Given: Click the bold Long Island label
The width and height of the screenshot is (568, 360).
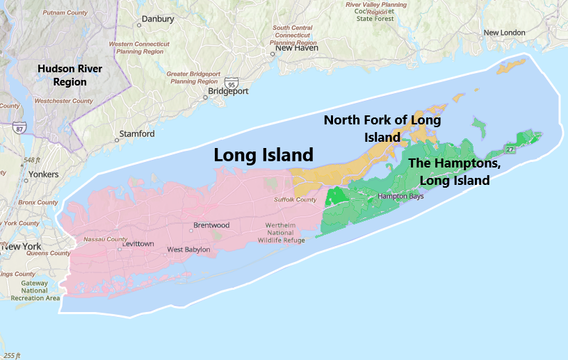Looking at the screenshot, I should click(263, 155).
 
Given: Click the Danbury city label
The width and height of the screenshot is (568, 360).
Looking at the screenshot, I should click(157, 19).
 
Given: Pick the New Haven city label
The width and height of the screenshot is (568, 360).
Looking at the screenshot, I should click(297, 48).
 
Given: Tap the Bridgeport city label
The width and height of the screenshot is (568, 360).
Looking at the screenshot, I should click(229, 91).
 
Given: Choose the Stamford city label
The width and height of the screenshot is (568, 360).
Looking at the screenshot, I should click(137, 133).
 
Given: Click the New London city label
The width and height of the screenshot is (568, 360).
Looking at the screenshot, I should click(505, 33).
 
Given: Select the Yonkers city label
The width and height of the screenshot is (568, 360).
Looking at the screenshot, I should click(43, 174).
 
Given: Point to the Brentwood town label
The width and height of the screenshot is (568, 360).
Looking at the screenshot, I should click(211, 225).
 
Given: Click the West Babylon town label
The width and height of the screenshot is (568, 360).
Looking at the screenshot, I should click(188, 249).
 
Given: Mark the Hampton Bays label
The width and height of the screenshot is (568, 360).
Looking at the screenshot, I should click(400, 196).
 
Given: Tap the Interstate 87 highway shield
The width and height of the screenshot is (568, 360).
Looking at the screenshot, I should click(19, 128).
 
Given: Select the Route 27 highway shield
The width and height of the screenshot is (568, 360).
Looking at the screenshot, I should click(510, 149).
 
